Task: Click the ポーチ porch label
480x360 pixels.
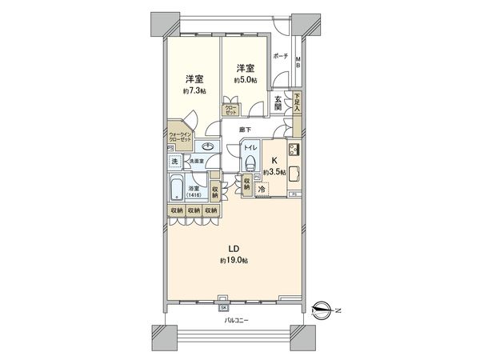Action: click(279, 56)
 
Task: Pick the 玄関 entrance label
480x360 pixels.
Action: click(278, 102)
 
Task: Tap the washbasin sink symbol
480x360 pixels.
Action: click(208, 146)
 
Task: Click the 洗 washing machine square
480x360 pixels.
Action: click(175, 162)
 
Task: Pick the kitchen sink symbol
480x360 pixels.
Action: click(294, 173)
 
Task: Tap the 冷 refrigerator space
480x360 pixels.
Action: click(272, 190)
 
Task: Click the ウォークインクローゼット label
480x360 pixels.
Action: click(179, 136)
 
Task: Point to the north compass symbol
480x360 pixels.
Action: click(322, 306)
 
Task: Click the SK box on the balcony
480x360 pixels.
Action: click(223, 306)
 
